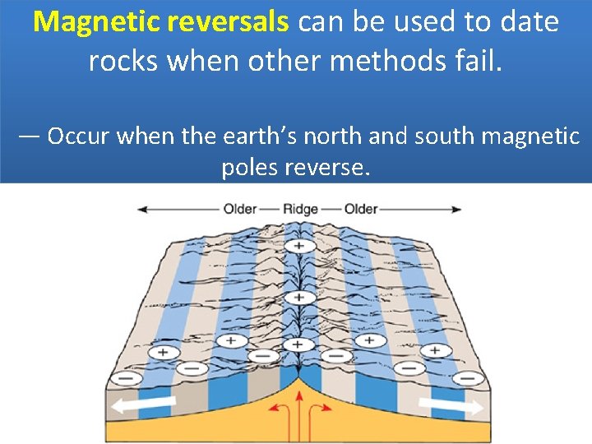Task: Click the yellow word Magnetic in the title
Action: click(98, 21)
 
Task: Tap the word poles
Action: click(249, 168)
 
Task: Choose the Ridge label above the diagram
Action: click(299, 209)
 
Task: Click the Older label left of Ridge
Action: click(240, 209)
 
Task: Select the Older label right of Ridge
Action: click(360, 209)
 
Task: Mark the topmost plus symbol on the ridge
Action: click(298, 246)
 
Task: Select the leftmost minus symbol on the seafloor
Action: click(126, 379)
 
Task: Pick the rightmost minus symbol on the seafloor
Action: click(469, 379)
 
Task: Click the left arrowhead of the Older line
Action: click(142, 209)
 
